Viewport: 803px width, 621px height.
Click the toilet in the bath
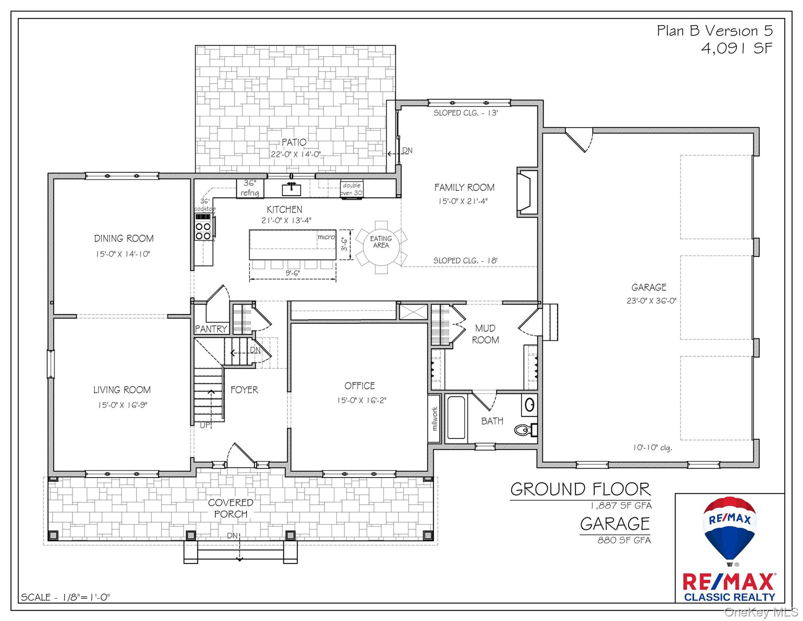526,429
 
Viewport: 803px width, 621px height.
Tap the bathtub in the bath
456,418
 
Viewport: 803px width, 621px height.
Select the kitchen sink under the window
291,188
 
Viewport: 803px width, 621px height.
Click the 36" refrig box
250,188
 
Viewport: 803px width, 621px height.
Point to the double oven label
352,189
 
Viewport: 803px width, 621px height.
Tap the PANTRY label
211,329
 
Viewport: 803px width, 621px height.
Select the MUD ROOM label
486,334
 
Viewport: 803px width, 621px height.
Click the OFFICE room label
360,386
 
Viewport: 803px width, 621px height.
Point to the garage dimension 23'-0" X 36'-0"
652,301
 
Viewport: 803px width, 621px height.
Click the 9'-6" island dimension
293,273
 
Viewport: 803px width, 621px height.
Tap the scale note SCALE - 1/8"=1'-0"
65,597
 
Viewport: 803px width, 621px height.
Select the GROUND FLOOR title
581,489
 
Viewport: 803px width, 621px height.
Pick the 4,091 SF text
737,49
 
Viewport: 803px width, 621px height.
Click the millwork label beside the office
435,419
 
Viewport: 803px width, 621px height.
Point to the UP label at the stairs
205,425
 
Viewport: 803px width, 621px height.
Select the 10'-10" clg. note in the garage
652,448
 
